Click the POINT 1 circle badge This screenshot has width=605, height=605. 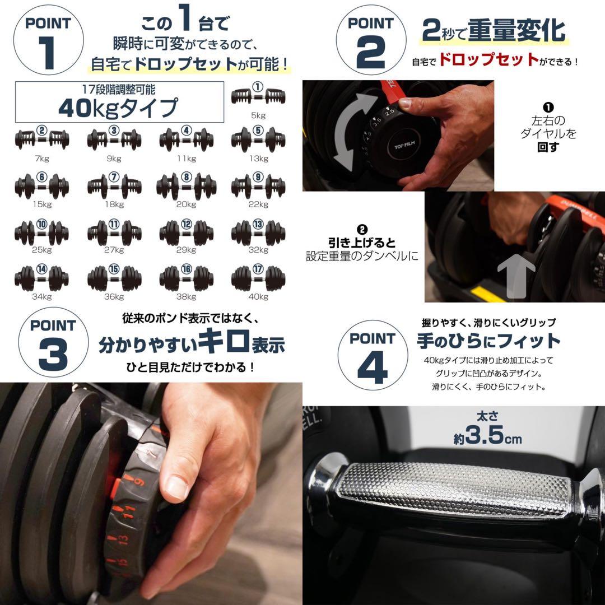tap(49, 40)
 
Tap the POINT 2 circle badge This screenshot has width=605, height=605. tap(370, 40)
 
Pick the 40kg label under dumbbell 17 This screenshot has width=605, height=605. tap(258, 297)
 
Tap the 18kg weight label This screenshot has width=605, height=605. tap(114, 204)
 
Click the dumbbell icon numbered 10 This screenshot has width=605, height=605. tap(41, 230)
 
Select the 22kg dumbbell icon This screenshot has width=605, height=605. tap(258, 185)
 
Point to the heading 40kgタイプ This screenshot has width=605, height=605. tap(118, 108)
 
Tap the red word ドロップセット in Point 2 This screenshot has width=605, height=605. tap(488, 60)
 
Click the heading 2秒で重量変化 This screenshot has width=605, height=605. tap(493, 31)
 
